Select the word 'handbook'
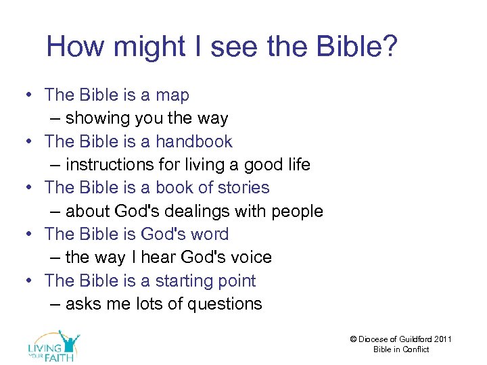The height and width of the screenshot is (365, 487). tap(193, 142)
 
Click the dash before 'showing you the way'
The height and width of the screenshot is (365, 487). tap(56, 118)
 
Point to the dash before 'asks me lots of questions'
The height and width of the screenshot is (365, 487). tap(56, 304)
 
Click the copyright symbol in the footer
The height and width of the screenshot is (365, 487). tap(354, 339)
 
